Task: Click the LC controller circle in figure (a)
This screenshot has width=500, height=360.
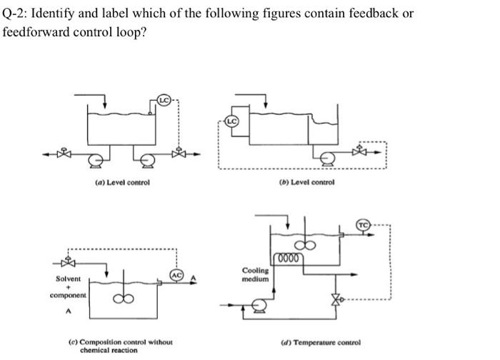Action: pos(163,100)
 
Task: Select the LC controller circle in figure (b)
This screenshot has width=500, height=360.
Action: pos(231,121)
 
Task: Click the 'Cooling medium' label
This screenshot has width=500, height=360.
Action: pos(256,275)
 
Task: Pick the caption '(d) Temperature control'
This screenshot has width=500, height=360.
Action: pos(328,342)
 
